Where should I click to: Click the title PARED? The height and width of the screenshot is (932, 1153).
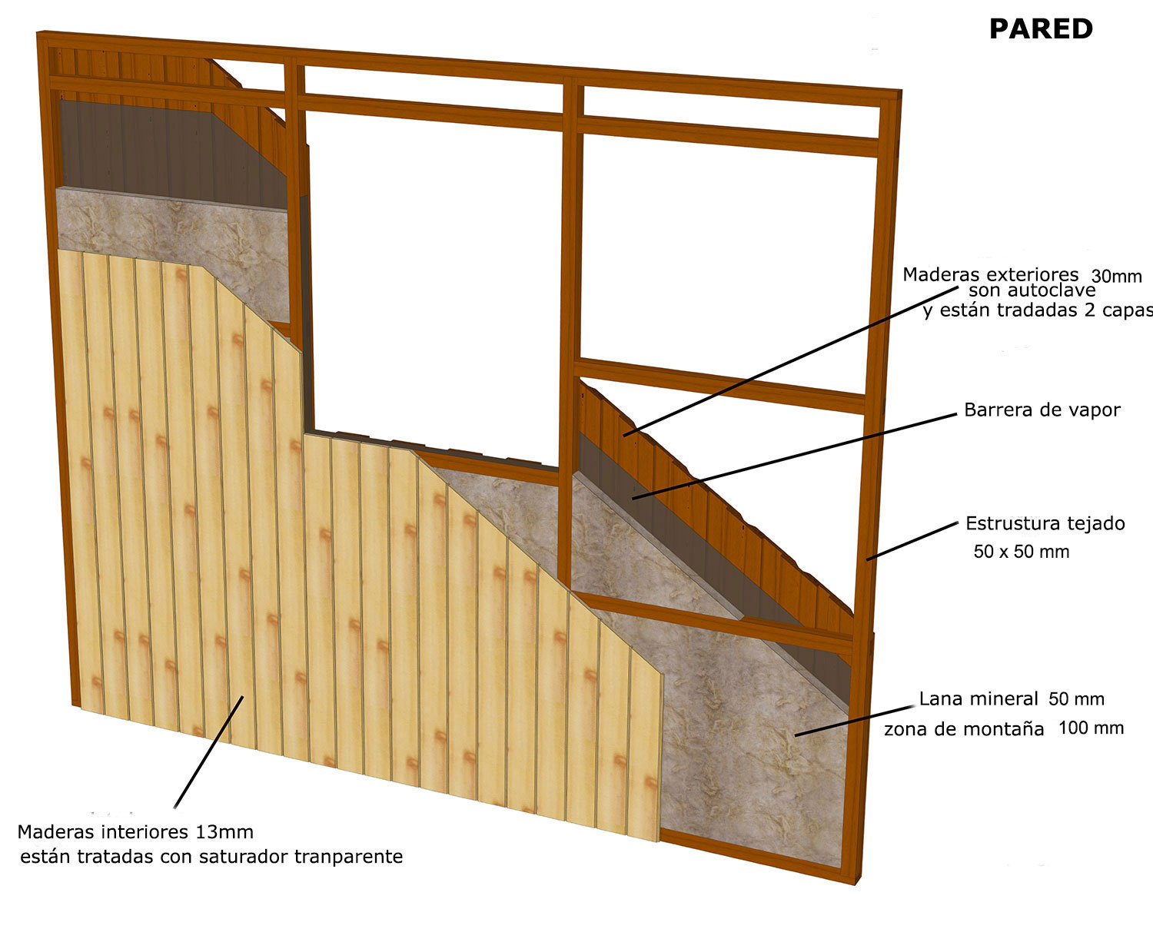click(x=1040, y=29)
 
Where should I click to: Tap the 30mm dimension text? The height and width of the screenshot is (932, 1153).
click(x=1116, y=277)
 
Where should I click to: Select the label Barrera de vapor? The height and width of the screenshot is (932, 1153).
click(x=1042, y=410)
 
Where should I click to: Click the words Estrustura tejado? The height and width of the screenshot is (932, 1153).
click(x=1045, y=524)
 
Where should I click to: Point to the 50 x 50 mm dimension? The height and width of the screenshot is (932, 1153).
click(x=1021, y=552)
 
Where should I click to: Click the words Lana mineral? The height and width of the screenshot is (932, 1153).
click(x=979, y=699)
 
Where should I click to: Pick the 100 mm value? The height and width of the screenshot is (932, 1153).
click(x=1091, y=728)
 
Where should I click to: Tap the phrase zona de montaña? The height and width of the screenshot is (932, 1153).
click(x=963, y=729)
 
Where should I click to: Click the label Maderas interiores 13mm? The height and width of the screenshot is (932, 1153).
click(x=135, y=832)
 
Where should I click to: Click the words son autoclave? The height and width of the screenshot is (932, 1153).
click(x=1032, y=291)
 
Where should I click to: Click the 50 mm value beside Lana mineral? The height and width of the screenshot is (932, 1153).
click(x=1076, y=699)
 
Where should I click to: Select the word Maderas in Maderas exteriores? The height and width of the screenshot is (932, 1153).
click(x=937, y=275)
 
